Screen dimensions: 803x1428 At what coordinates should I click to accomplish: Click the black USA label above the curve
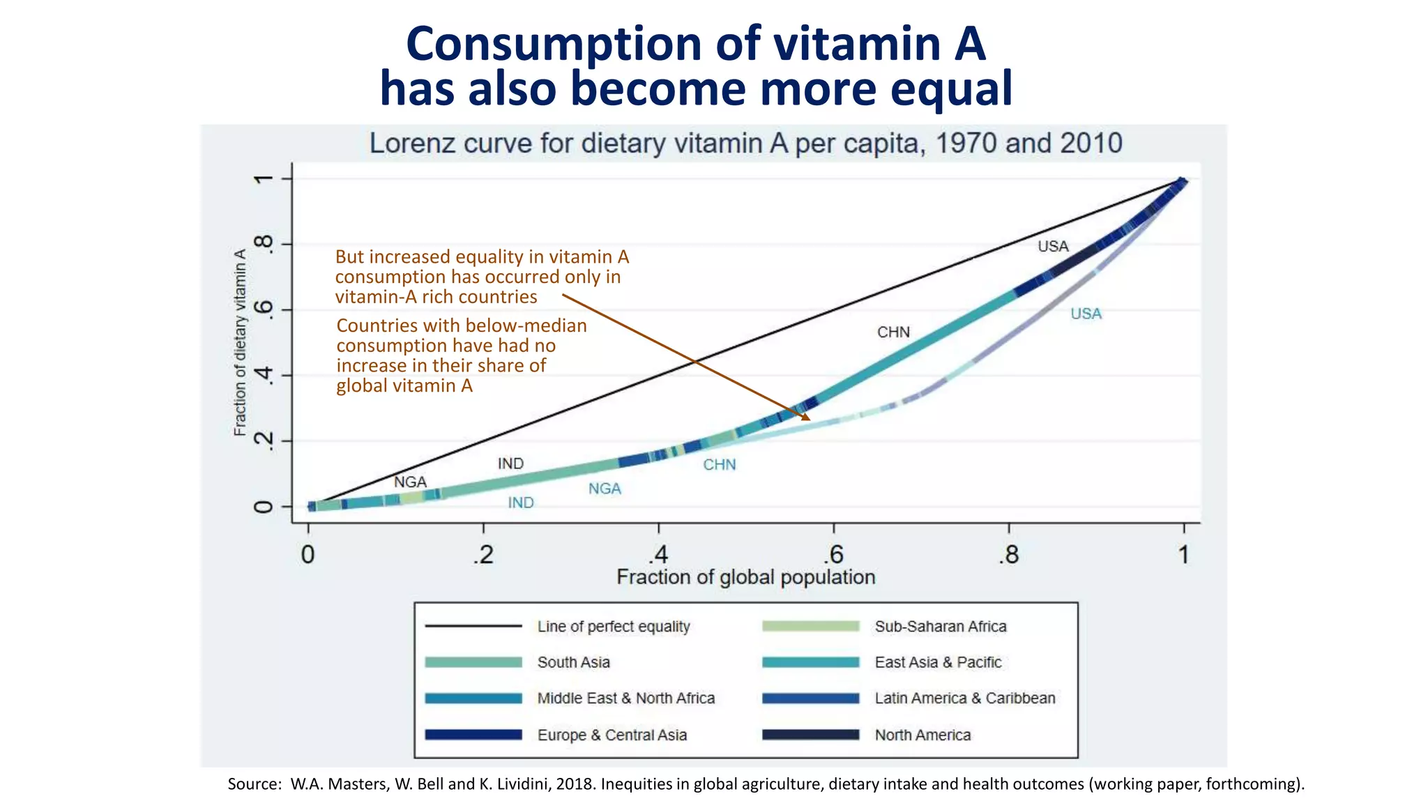click(x=1052, y=246)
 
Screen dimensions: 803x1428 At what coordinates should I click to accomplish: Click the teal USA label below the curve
click(x=1086, y=314)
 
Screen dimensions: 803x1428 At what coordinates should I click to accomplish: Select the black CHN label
click(x=893, y=332)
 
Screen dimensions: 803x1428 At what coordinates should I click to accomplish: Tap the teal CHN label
click(x=719, y=465)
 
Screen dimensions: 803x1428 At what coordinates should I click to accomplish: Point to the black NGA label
click(x=410, y=482)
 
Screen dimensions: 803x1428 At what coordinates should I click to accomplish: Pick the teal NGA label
click(x=605, y=489)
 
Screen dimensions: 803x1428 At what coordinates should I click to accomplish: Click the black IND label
click(x=510, y=464)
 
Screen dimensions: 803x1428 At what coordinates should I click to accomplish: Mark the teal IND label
click(x=520, y=503)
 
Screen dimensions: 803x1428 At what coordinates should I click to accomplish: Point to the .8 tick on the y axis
click(x=264, y=244)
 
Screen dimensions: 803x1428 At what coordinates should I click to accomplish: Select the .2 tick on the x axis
click(x=483, y=556)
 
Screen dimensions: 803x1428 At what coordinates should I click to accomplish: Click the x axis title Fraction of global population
click(x=745, y=577)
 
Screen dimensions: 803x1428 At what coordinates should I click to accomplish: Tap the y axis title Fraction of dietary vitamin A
click(x=240, y=343)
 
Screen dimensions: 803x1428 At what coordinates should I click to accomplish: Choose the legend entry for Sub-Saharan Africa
click(x=940, y=627)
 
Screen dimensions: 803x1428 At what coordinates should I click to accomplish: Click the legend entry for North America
click(x=922, y=735)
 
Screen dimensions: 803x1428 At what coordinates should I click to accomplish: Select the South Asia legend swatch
click(x=473, y=662)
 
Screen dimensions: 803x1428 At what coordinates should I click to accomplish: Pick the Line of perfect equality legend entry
click(x=613, y=627)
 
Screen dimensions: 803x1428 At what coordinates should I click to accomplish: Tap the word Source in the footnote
click(x=254, y=784)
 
